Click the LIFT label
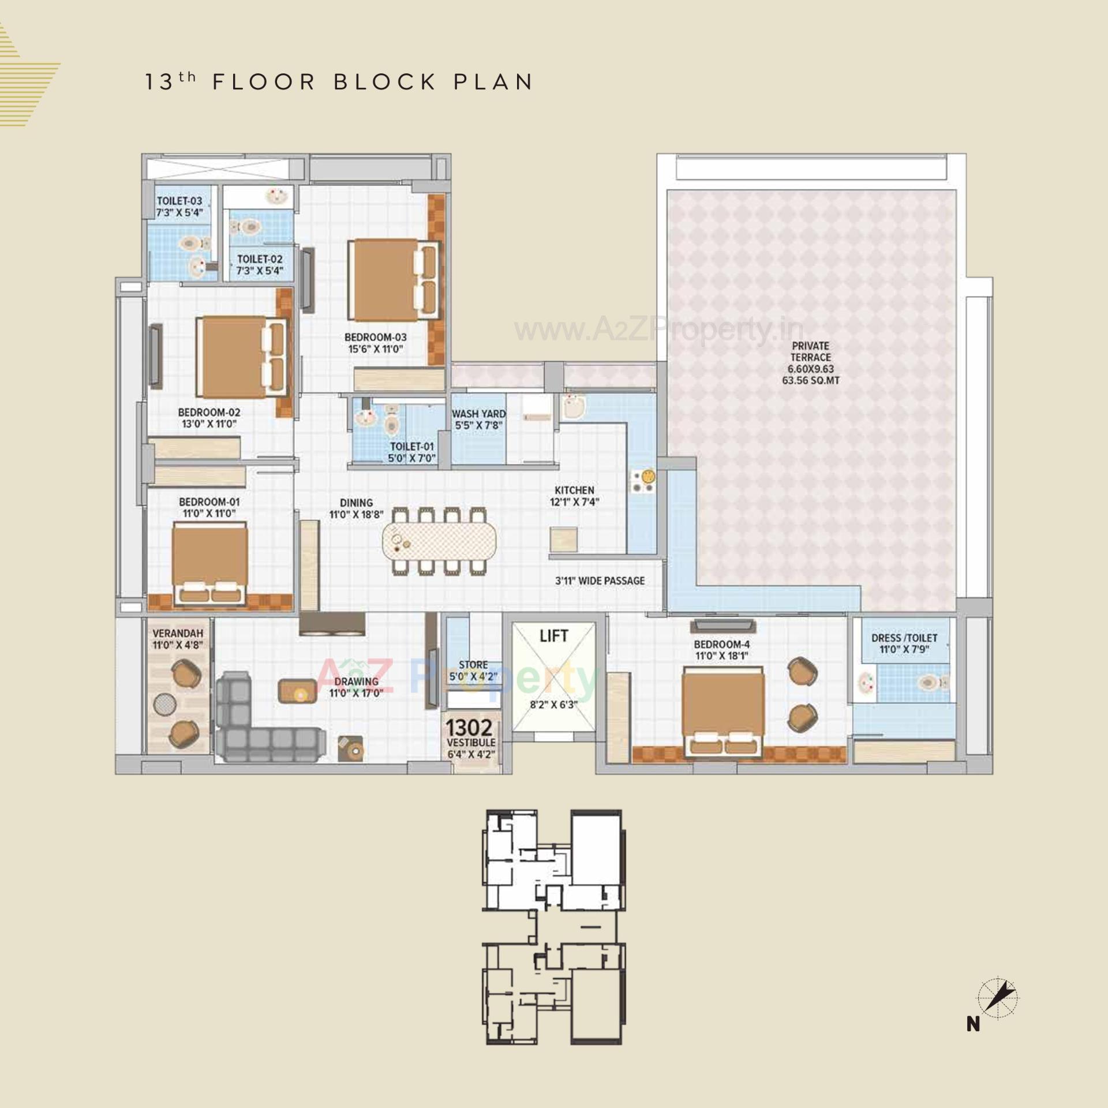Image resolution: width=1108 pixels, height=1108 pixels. coord(553,636)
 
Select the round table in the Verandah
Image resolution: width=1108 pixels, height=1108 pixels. coord(164,705)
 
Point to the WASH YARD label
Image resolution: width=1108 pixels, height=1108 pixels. coord(478,414)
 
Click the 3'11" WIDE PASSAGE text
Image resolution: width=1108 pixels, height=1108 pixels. coord(600,581)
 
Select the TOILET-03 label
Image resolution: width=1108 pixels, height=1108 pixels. coord(179,201)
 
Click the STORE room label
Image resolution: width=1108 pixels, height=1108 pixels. coord(473,665)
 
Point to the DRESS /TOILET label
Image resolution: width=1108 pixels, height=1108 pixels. coord(904,638)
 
